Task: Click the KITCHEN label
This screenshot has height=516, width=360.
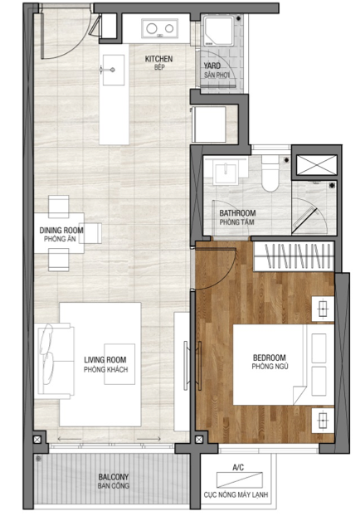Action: [158, 59]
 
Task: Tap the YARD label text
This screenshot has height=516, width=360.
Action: [212, 66]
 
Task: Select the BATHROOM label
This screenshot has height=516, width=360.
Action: [237, 213]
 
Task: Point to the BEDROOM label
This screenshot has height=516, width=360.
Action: [270, 358]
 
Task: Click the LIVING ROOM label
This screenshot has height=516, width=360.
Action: [105, 360]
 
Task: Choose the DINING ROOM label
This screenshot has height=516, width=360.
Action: [61, 231]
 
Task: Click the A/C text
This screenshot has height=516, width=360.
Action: [238, 467]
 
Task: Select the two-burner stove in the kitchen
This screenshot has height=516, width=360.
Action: [160, 29]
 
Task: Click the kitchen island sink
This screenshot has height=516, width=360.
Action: [113, 70]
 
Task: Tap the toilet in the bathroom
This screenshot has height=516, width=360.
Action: [270, 173]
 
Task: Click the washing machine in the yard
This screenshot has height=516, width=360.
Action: [218, 30]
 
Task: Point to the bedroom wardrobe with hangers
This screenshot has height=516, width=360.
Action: [294, 256]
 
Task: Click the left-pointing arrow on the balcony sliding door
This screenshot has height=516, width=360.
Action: [70, 439]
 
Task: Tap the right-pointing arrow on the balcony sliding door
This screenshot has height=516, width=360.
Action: [148, 439]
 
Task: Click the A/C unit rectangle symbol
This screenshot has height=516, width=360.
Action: [240, 479]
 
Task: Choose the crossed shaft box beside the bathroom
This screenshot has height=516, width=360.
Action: [317, 164]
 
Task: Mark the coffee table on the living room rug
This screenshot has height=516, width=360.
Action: [119, 364]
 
